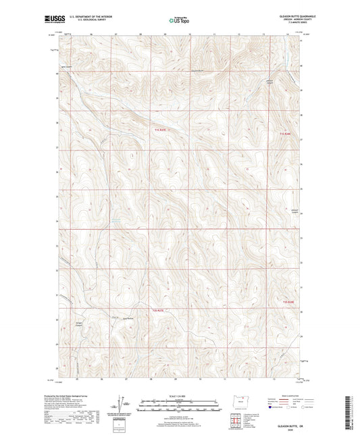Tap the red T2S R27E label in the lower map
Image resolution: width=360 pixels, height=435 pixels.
point(159,310)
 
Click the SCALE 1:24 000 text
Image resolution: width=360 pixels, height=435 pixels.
point(180,396)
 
